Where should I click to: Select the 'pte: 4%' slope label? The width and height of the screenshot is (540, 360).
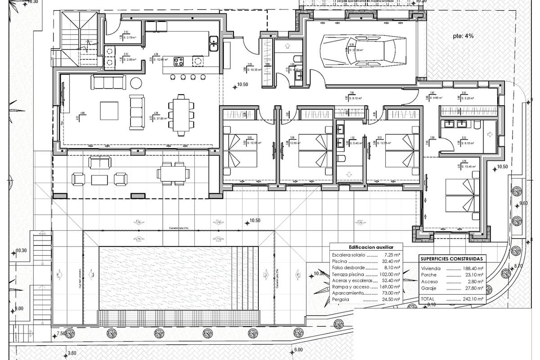tap(463, 36)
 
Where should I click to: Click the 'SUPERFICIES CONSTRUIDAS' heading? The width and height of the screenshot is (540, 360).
tap(451, 259)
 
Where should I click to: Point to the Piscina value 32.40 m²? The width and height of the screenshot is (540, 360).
tap(389, 261)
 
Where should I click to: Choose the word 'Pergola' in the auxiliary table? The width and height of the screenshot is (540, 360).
tap(341, 299)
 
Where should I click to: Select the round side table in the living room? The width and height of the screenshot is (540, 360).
tap(135, 82)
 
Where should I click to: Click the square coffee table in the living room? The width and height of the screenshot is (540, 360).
tap(109, 110)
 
